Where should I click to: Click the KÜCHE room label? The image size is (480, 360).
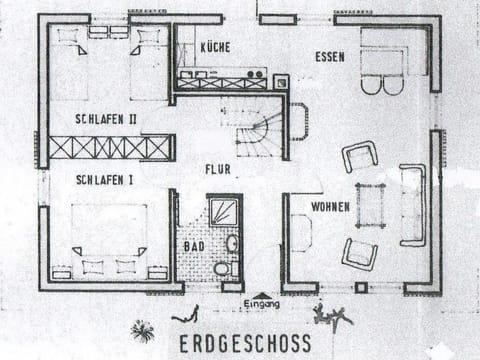[216, 47]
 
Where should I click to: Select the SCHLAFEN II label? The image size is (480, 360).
[105, 118]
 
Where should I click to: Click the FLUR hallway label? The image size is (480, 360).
[218, 170]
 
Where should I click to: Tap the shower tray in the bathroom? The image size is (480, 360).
[223, 209]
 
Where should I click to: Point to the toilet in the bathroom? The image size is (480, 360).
[222, 268]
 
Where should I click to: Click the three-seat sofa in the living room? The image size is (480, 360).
[412, 205]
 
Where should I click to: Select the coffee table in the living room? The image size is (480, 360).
[370, 205]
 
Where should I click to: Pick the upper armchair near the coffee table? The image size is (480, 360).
[360, 157]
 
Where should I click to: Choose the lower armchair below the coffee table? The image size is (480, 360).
[359, 252]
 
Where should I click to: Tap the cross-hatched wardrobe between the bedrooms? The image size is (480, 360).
[111, 148]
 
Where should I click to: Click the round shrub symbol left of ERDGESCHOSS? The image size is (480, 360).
[143, 331]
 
